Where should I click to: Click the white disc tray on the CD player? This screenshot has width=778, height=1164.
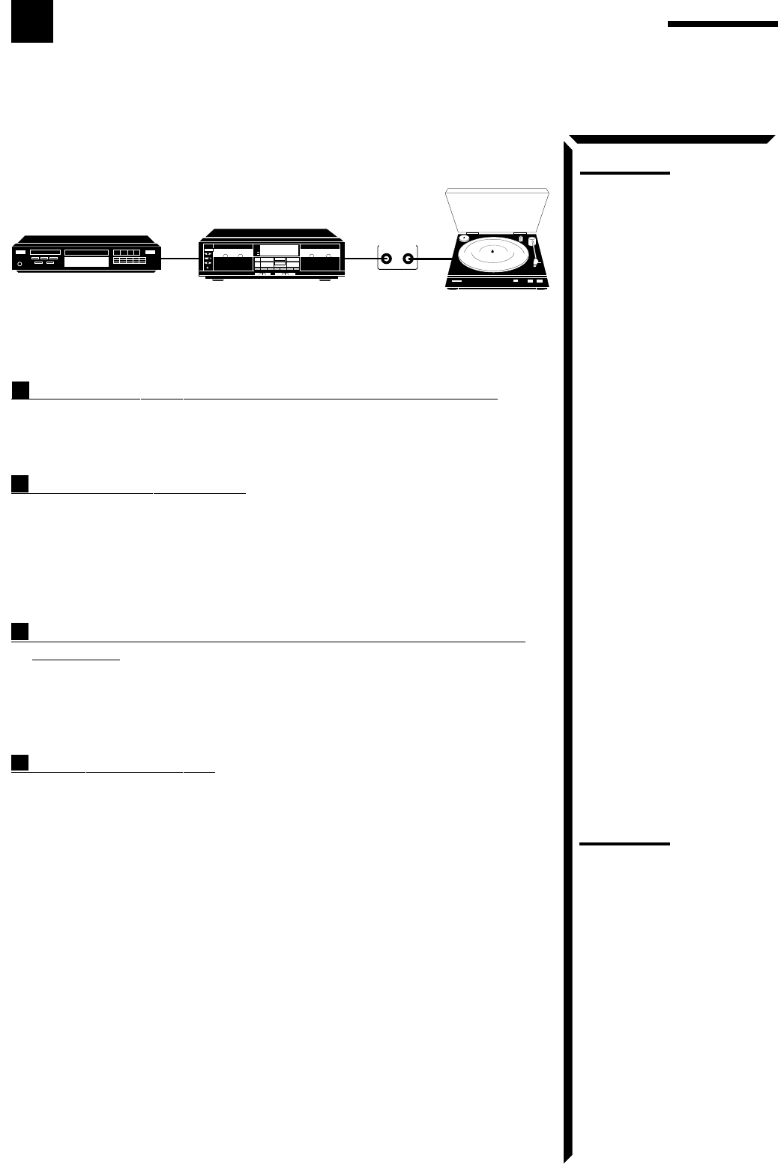pos(86,262)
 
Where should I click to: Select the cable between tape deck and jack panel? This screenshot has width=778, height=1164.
pos(361,259)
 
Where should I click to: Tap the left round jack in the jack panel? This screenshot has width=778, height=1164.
pos(386,259)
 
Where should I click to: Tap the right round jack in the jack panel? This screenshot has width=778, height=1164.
pos(408,259)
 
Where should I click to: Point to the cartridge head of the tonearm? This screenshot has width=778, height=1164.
pos(536,264)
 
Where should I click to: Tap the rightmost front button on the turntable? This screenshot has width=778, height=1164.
pos(541,282)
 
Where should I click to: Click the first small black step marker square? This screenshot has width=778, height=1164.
pos(20,390)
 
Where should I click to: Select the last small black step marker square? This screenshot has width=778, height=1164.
pos(20,762)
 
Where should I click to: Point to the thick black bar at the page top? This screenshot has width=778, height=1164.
pos(723,25)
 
